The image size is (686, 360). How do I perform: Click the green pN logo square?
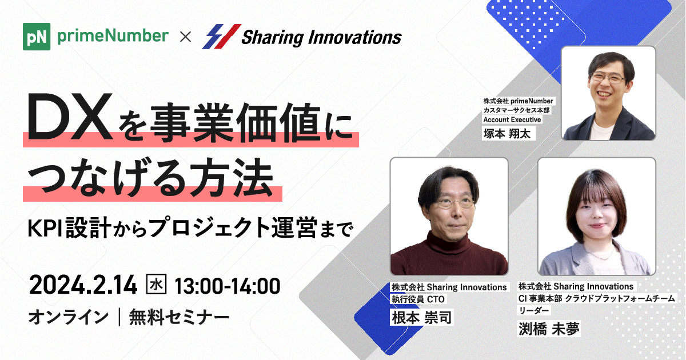(x=37, y=37)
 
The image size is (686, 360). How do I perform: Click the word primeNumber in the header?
(x=113, y=37)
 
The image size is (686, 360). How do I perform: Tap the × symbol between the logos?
(x=185, y=37)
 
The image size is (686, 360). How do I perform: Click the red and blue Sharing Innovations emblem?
(x=220, y=37)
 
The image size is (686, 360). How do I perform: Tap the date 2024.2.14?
(x=83, y=285)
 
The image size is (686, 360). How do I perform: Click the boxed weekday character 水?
(x=157, y=284)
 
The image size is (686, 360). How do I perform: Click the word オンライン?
(x=68, y=316)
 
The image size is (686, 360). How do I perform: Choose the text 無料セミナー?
(x=180, y=316)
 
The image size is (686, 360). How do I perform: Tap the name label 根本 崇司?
(x=421, y=317)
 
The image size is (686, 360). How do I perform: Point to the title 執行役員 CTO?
(x=418, y=299)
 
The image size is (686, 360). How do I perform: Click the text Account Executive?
(x=512, y=119)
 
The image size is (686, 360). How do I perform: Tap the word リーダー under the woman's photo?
(x=534, y=310)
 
